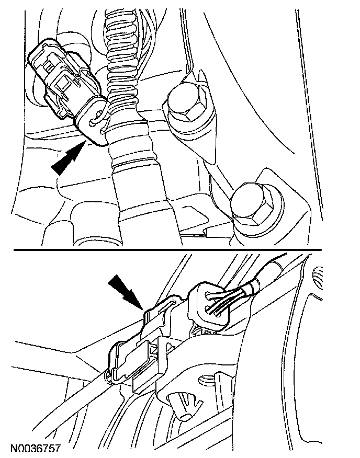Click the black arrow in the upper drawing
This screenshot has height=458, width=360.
coord(68,157)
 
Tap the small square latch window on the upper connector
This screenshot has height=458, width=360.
coord(66,83)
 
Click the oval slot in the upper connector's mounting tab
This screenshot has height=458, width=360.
coord(94,122)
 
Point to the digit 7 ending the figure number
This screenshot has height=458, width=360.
coord(58,449)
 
